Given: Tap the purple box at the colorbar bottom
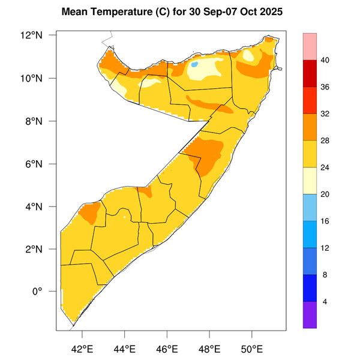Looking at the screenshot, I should click(314, 314).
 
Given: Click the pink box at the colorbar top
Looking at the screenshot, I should click(314, 47).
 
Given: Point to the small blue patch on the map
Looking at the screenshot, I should click(195, 64).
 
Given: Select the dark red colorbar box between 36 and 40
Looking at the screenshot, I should click(314, 74).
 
